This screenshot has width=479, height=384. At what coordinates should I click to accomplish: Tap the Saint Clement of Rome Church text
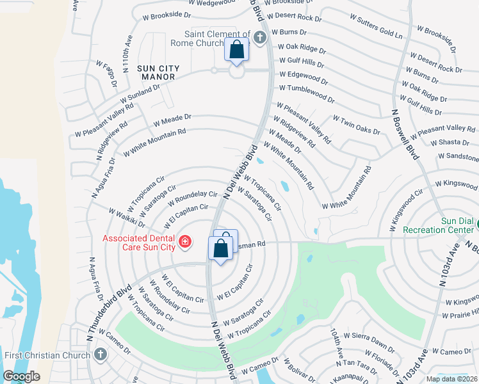click(x=218, y=38)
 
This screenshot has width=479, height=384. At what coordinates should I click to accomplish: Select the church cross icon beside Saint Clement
click(x=260, y=36)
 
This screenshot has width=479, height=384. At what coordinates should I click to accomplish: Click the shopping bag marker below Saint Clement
click(x=236, y=50)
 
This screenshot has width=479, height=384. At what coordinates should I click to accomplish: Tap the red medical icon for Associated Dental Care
click(x=184, y=241)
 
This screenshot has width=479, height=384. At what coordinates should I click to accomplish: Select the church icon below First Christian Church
click(x=100, y=355)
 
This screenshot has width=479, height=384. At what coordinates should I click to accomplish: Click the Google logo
click(x=21, y=376)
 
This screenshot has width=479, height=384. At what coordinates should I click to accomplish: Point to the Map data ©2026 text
click(x=451, y=379)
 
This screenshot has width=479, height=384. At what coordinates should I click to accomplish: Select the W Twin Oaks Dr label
click(x=356, y=124)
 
